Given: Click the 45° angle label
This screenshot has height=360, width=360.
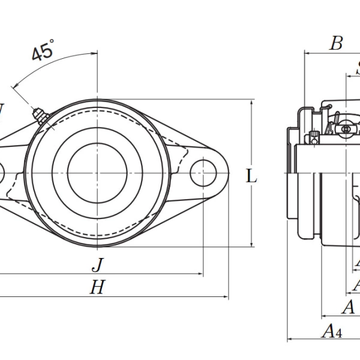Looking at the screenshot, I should [x=43, y=50].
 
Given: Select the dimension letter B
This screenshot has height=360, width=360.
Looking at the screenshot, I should [x=337, y=43].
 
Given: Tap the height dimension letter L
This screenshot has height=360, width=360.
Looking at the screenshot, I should [x=252, y=176].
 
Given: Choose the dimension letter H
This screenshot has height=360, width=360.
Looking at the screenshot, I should [x=97, y=288].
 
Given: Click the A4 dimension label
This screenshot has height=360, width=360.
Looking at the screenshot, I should [x=332, y=331].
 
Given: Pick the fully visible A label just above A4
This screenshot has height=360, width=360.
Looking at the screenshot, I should [x=347, y=308].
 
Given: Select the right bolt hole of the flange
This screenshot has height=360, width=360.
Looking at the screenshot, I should [x=203, y=172].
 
